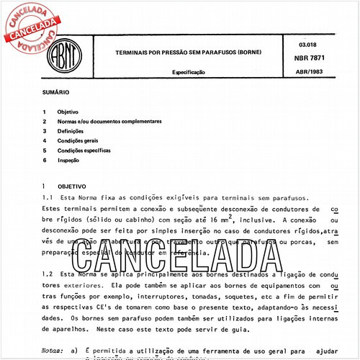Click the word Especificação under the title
point(189,73)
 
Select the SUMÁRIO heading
point(55,94)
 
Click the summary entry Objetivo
point(68,113)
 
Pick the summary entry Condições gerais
point(79,141)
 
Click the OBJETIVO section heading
point(71,186)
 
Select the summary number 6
point(45,160)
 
